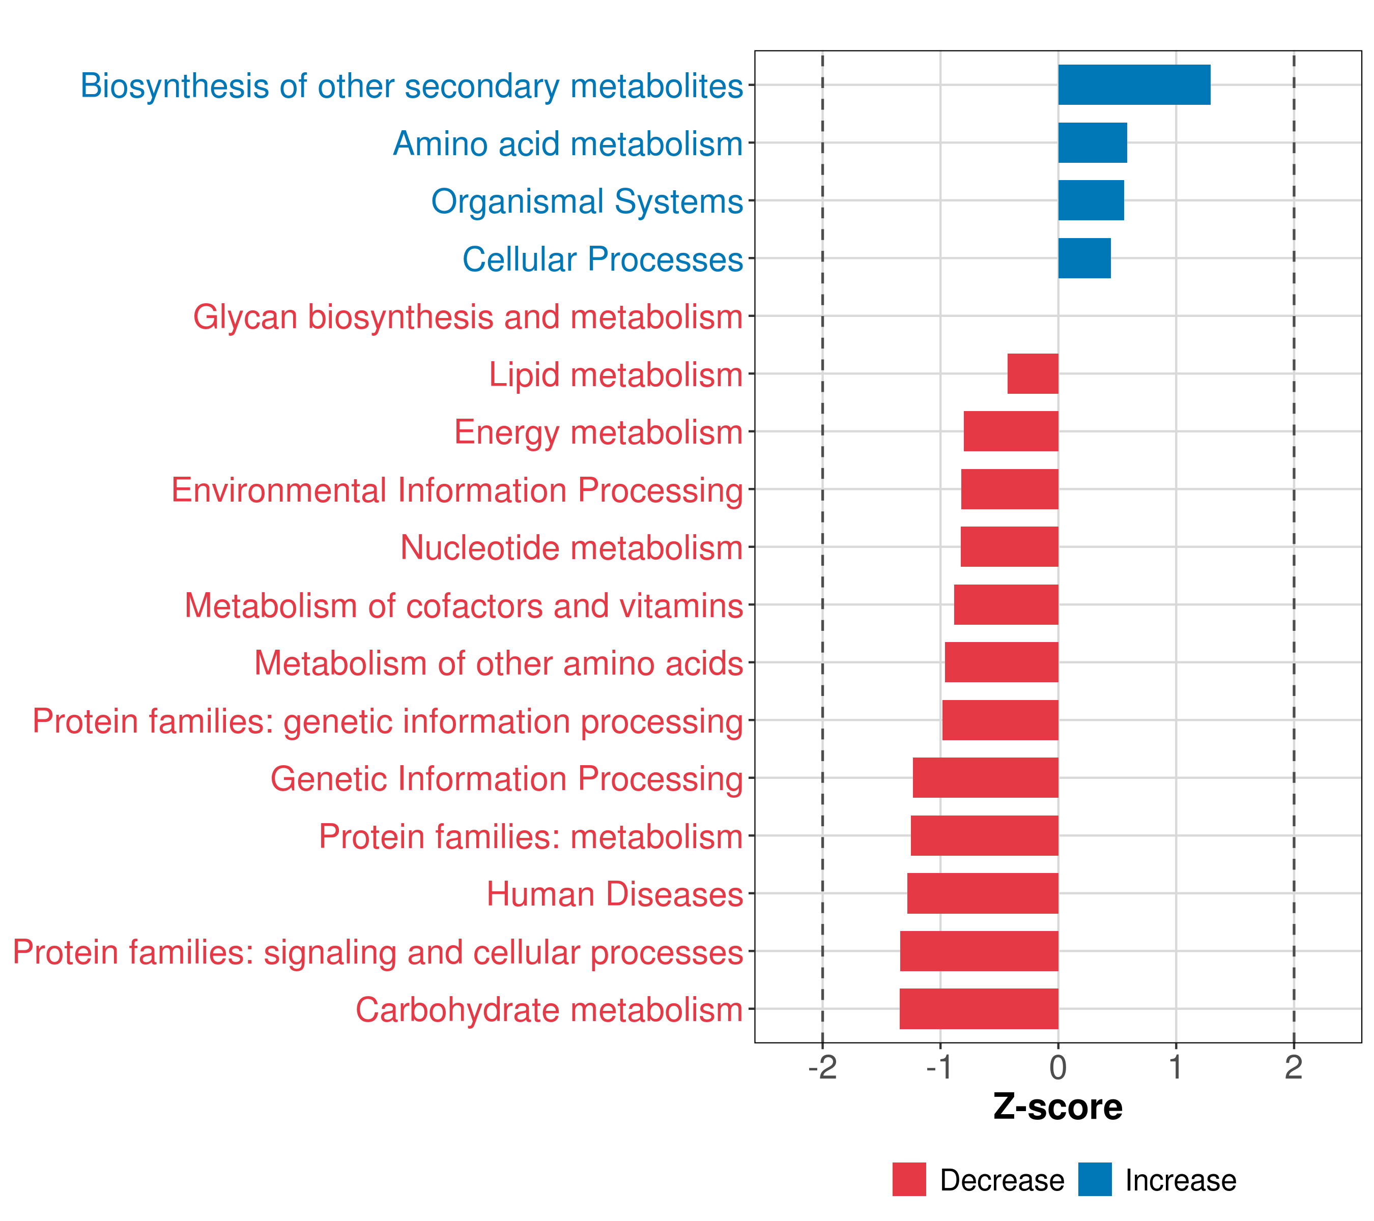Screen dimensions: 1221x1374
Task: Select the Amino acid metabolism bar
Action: pos(1093,143)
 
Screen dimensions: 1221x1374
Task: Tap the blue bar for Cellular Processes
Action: pos(1084,258)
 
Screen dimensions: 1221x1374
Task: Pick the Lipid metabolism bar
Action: pos(1033,373)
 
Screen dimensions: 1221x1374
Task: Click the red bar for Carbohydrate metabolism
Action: pos(979,1009)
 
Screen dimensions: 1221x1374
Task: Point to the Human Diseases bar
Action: pos(983,893)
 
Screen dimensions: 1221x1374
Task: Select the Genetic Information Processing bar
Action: pos(985,777)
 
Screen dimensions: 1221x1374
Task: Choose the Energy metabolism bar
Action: pos(1011,431)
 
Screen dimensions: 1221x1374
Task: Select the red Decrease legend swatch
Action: pos(909,1180)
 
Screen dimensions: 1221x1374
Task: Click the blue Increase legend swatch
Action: pos(1094,1180)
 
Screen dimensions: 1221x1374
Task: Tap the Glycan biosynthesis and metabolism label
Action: pos(468,316)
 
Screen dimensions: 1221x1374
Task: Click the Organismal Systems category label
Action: pos(587,201)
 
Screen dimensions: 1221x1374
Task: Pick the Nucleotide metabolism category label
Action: pos(571,547)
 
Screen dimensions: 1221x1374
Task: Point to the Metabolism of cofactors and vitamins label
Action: pos(464,605)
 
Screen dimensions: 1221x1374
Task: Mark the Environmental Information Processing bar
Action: pos(1010,489)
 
